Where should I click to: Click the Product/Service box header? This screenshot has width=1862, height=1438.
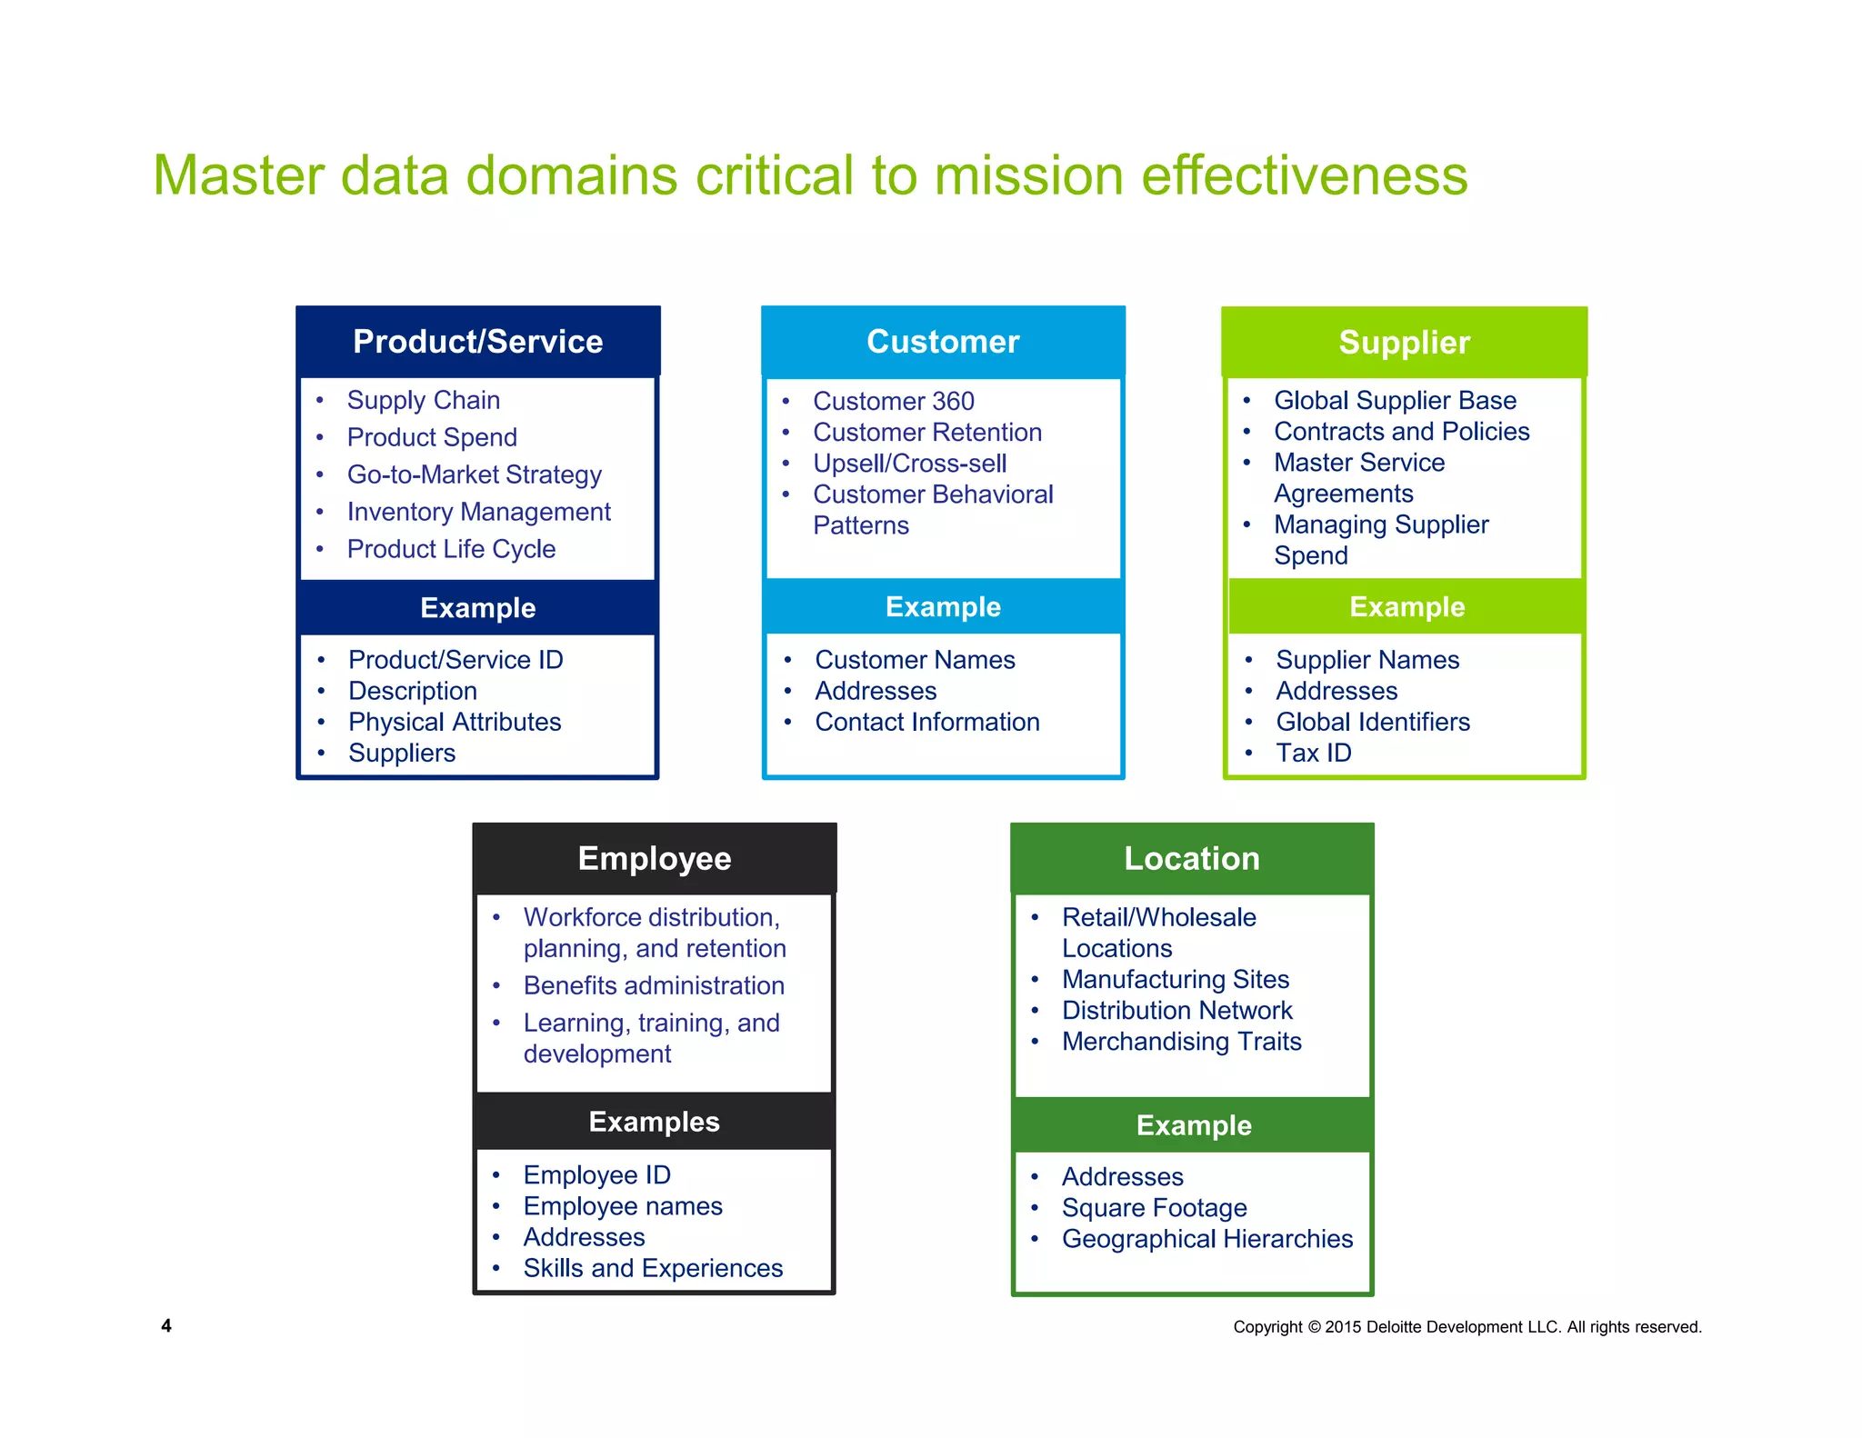[477, 342]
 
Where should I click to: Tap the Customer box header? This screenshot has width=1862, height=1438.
[943, 342]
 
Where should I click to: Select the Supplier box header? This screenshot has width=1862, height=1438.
[1404, 343]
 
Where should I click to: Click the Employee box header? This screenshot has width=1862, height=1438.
[655, 859]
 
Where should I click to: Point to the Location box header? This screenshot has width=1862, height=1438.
[1192, 859]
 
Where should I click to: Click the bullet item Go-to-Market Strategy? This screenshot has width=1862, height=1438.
[474, 474]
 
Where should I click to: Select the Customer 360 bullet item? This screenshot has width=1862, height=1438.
[893, 401]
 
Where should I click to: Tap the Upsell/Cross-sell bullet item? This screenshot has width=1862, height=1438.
[909, 464]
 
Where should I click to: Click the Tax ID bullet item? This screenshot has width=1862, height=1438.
[1313, 754]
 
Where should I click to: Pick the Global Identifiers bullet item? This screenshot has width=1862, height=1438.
[1372, 723]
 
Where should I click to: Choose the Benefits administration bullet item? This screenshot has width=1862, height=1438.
[654, 986]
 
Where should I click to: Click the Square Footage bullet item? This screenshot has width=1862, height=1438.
[1154, 1208]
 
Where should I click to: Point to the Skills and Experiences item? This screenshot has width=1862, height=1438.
[653, 1269]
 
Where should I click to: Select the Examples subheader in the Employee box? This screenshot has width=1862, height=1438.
[655, 1123]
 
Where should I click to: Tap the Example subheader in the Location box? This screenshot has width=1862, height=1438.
[1194, 1126]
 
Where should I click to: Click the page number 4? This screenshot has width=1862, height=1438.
[166, 1326]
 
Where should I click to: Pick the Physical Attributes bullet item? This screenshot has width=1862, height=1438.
[455, 723]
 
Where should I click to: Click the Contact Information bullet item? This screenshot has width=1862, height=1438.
[926, 723]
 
